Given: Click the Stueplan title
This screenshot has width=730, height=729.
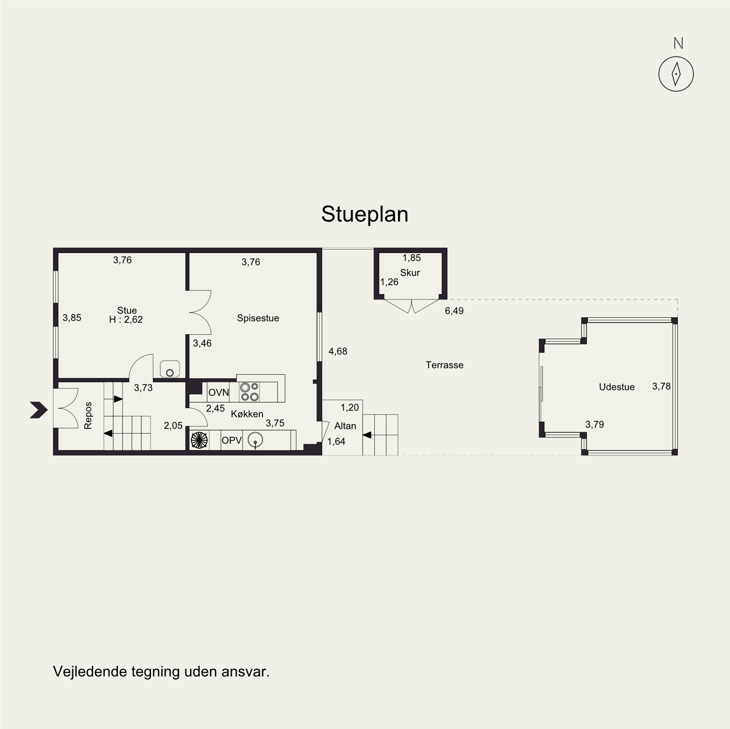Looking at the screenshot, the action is pyautogui.click(x=365, y=214).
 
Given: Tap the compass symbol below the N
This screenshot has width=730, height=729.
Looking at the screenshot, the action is pyautogui.click(x=676, y=74).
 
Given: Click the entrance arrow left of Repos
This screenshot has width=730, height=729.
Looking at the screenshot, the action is pyautogui.click(x=39, y=410).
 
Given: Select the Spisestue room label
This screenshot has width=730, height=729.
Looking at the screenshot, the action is pyautogui.click(x=258, y=318).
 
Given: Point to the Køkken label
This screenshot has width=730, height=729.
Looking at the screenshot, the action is pyautogui.click(x=247, y=414).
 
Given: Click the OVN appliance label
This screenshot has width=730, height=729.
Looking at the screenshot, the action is pyautogui.click(x=219, y=393).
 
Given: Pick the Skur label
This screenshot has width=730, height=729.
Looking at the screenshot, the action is pyautogui.click(x=410, y=273).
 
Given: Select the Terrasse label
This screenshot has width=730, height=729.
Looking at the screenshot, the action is pyautogui.click(x=444, y=365).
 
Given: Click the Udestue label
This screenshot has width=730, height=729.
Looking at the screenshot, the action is pyautogui.click(x=617, y=387).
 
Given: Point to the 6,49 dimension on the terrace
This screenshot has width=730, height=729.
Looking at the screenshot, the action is pyautogui.click(x=454, y=311).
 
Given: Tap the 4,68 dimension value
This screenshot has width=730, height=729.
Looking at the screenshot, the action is pyautogui.click(x=338, y=352).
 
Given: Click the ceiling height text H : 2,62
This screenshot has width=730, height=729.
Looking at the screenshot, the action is pyautogui.click(x=126, y=319).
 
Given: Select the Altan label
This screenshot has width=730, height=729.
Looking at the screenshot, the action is pyautogui.click(x=345, y=426).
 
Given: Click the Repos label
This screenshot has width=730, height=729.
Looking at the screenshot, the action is pyautogui.click(x=88, y=416).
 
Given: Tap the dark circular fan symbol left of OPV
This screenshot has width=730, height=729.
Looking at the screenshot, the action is pyautogui.click(x=199, y=440).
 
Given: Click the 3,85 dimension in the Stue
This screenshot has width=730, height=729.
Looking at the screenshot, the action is pyautogui.click(x=72, y=318).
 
